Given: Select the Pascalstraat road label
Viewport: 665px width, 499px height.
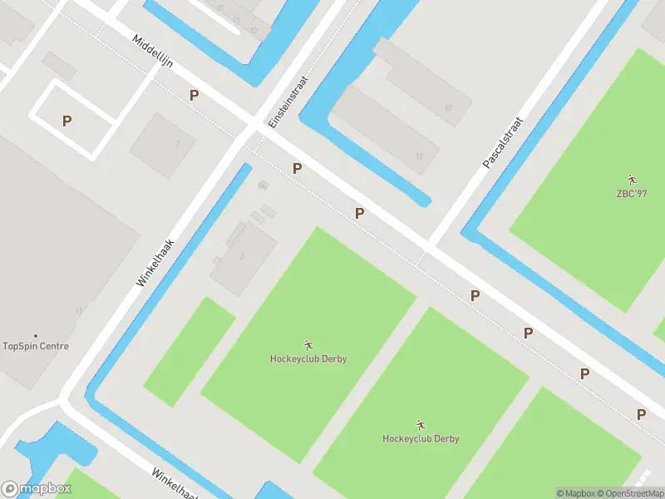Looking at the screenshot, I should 505,143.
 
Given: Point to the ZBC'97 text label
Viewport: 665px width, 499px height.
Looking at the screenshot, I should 632,195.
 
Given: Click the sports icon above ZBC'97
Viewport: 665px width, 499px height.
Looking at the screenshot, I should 632,180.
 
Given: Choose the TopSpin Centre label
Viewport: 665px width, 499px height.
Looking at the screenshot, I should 36,346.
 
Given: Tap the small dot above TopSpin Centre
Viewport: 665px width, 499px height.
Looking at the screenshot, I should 36,336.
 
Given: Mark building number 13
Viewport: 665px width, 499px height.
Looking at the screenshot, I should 448,107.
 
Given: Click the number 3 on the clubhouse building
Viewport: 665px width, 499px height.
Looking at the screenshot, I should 242,256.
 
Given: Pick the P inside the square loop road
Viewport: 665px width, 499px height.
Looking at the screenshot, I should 66,121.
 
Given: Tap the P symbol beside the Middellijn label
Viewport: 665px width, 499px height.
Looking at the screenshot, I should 194,96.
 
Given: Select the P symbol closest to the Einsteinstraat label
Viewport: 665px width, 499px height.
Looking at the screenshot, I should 297,169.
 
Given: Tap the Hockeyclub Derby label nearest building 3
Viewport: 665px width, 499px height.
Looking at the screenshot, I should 308,359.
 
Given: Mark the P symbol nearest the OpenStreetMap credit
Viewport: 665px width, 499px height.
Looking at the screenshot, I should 641,414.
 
